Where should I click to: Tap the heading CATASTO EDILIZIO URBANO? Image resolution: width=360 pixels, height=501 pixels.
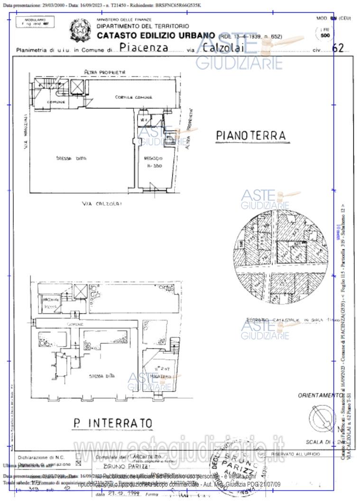(156, 35)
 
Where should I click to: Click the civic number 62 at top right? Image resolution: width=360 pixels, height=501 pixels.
(338, 48)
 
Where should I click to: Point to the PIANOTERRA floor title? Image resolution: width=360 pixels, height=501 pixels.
(251, 136)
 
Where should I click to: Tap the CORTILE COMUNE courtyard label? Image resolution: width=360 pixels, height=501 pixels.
(133, 97)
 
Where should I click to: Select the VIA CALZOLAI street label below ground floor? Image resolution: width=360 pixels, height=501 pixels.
(102, 204)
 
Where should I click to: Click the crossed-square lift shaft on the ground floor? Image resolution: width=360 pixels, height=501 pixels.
(76, 87)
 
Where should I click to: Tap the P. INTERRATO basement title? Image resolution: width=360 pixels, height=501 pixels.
(112, 422)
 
